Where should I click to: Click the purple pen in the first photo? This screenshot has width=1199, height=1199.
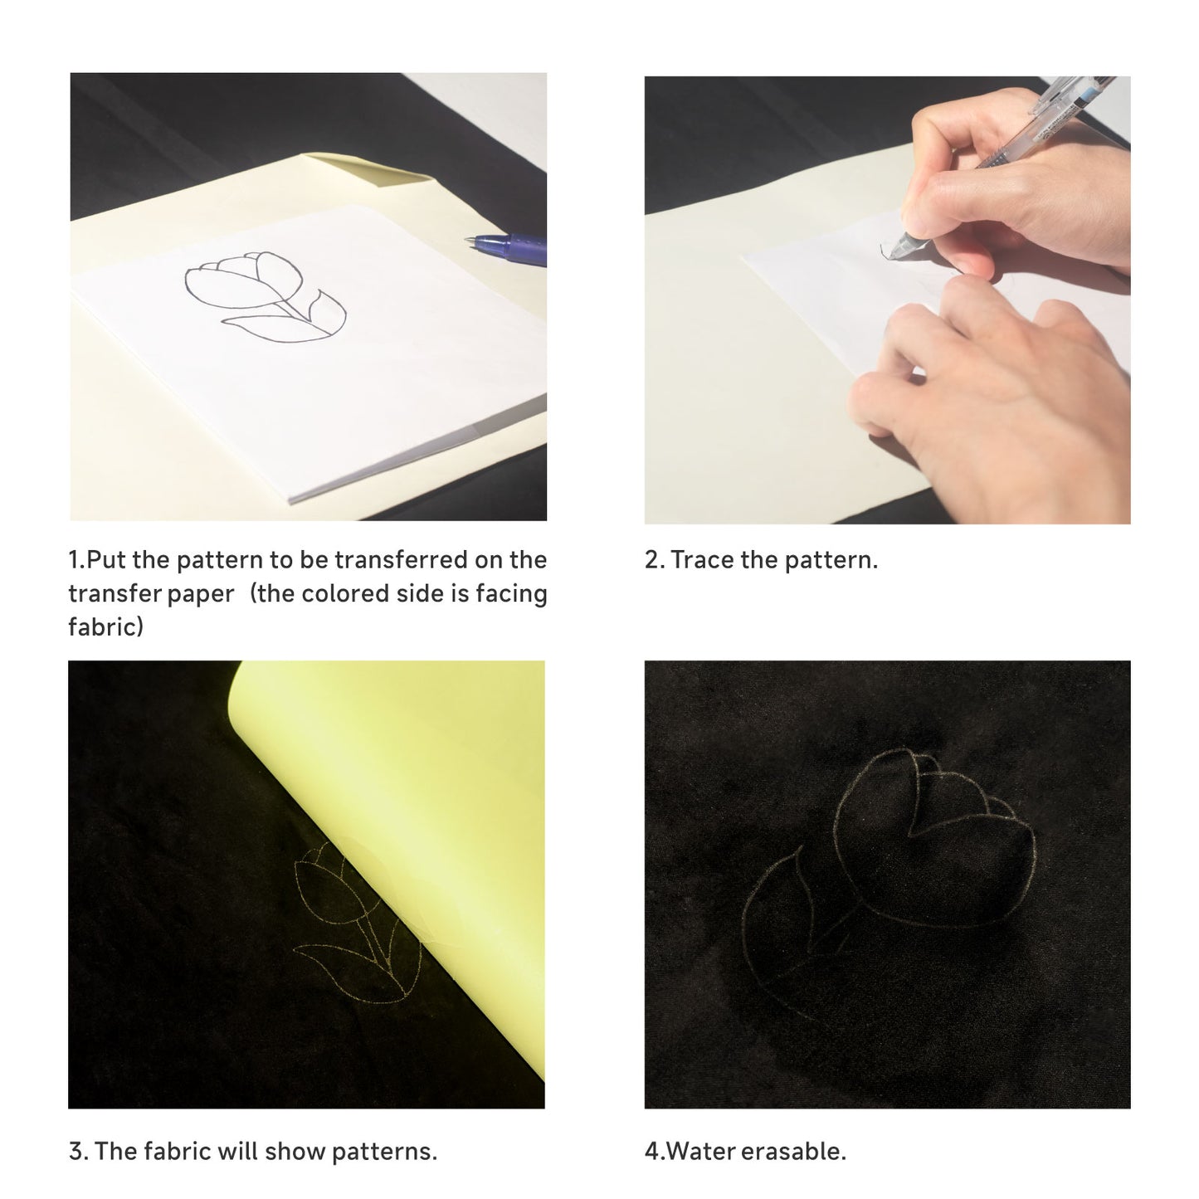pyautogui.click(x=507, y=247)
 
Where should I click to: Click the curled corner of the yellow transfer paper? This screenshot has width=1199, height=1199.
pyautogui.click(x=373, y=170)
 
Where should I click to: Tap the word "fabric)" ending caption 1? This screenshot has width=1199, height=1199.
pyautogui.click(x=105, y=626)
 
